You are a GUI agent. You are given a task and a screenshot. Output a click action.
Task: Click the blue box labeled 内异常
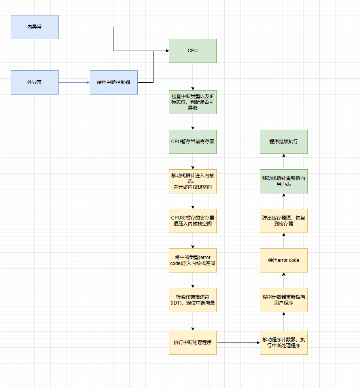[x=34, y=27]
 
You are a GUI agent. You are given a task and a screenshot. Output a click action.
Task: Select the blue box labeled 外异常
[x=34, y=82]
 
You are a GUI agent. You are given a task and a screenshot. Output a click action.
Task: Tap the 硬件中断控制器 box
[x=114, y=82]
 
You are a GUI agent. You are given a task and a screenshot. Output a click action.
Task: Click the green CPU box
[x=193, y=51]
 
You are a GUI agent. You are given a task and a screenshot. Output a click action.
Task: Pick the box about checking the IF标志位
[x=193, y=102]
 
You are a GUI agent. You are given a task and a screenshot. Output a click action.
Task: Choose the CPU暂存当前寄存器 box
[x=193, y=142]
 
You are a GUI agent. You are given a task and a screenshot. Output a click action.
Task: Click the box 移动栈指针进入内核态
[x=193, y=181]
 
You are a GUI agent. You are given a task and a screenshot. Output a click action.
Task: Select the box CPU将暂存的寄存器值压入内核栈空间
[x=193, y=221]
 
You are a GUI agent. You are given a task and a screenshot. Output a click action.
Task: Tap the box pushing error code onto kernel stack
[x=193, y=260]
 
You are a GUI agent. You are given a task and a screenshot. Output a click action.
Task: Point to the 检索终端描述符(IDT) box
[x=193, y=300]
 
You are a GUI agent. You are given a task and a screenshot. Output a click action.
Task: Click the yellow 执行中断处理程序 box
[x=193, y=343]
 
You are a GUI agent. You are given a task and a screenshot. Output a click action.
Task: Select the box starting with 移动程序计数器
[x=284, y=343]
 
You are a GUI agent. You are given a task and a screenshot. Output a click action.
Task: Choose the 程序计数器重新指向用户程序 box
[x=284, y=300]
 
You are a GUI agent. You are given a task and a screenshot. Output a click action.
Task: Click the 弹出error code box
[x=284, y=260]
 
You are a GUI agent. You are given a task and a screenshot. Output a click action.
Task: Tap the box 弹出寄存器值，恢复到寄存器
[x=284, y=221]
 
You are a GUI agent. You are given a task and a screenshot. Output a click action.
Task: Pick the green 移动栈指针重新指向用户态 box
[x=284, y=181]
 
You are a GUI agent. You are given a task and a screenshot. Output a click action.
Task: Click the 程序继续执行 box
[x=284, y=142]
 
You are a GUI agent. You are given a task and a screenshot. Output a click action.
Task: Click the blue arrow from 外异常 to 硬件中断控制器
[x=74, y=82]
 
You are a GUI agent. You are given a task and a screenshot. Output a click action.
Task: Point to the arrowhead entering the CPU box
[x=167, y=51]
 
